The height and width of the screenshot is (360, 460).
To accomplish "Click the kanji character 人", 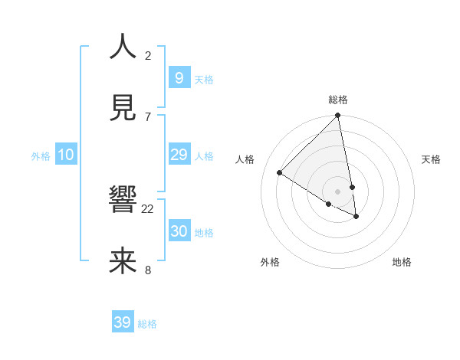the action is tap(123, 47).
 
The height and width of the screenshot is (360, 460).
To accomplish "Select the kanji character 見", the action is tap(123, 106).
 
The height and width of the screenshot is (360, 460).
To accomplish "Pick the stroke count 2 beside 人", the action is tap(148, 56).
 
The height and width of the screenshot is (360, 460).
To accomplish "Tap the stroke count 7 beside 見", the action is tap(148, 116).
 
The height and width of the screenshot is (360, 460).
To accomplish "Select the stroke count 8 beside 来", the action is tap(148, 270).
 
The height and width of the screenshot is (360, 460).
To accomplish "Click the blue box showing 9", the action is tap(179, 78).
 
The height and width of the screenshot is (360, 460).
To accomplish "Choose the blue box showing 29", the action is tap(179, 155).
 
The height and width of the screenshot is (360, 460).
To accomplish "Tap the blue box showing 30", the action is tap(179, 231).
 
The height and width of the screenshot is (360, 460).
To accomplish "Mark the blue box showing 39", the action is tap(123, 322).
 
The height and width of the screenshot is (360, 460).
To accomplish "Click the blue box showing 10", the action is tap(66, 155).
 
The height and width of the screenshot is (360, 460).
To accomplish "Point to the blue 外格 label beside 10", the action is tap(41, 156).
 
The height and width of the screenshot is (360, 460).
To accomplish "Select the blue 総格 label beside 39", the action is tap(147, 324).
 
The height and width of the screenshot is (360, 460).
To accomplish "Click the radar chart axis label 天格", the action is tap(432, 159).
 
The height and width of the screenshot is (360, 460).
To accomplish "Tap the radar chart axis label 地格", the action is tap(402, 263).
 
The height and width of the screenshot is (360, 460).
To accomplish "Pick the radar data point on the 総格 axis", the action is tap(337, 116).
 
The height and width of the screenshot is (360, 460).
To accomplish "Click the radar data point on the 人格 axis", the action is tap(279, 172).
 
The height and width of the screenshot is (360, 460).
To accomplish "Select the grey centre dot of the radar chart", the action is tap(337, 191).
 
